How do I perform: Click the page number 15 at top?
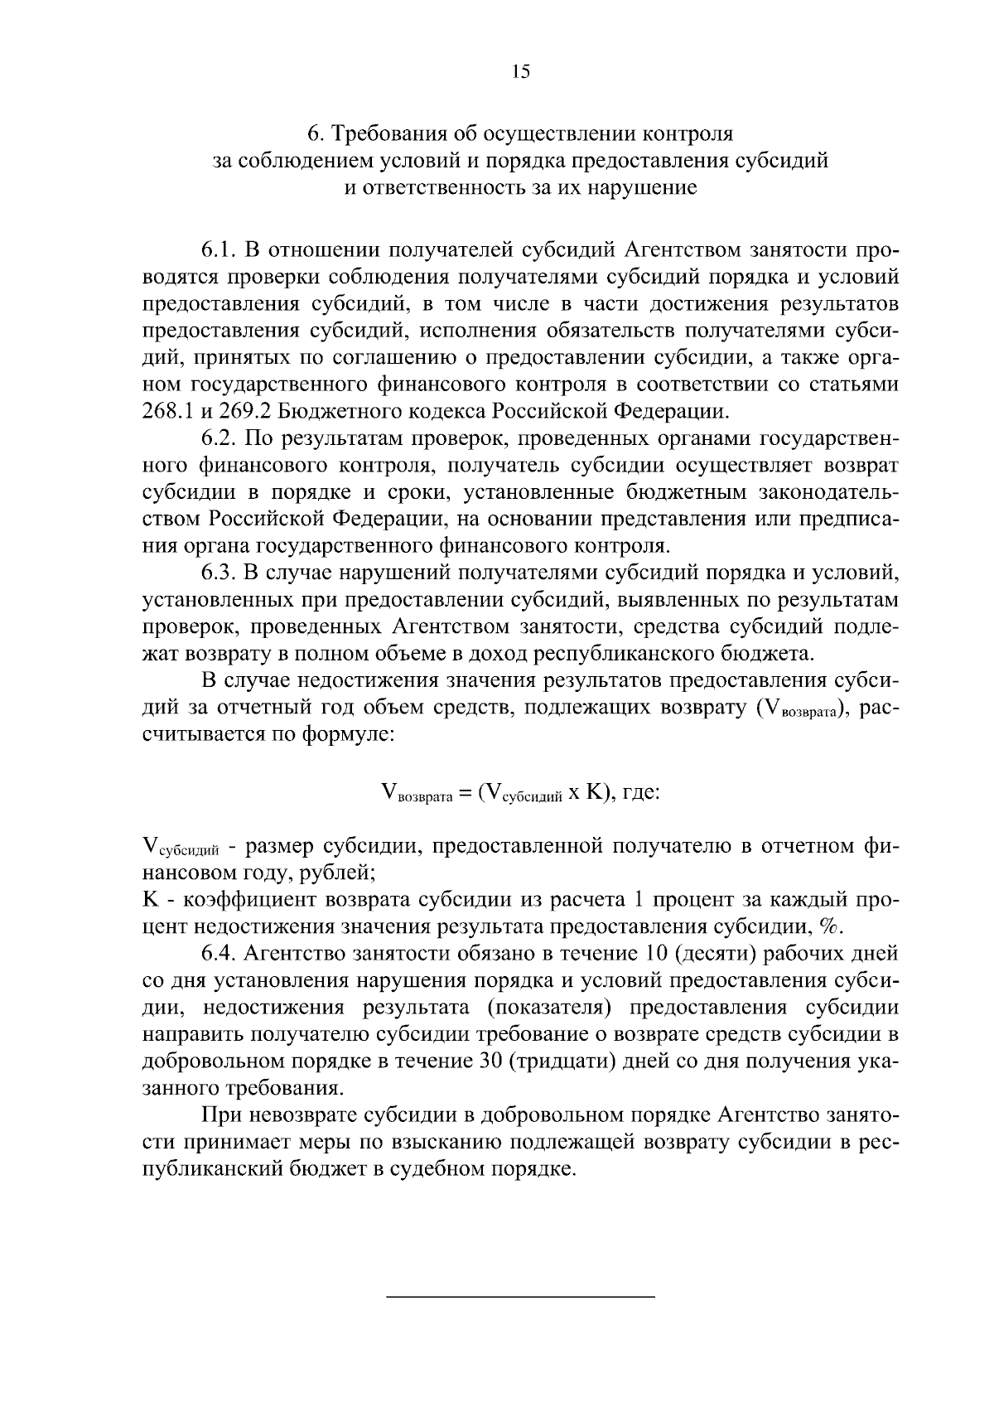click(x=520, y=71)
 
